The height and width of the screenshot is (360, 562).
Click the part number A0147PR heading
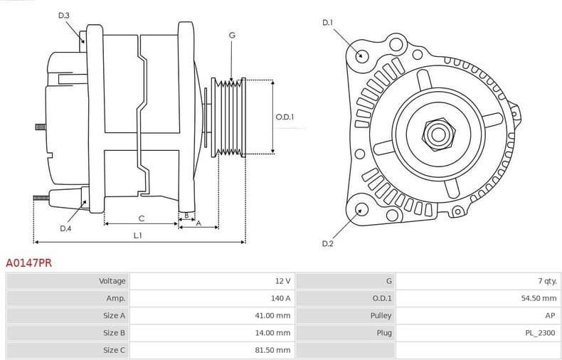pyautogui.click(x=28, y=263)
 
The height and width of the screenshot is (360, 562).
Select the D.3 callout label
pyautogui.click(x=64, y=15)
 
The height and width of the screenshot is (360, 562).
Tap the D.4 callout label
pyautogui.click(x=65, y=228)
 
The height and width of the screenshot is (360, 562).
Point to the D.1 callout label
pyautogui.click(x=327, y=23)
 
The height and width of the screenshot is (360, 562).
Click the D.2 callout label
pyautogui.click(x=327, y=244)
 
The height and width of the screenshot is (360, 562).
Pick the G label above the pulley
pyautogui.click(x=232, y=35)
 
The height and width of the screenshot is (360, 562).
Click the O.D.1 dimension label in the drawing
pyautogui.click(x=285, y=117)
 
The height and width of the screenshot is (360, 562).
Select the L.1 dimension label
pyautogui.click(x=138, y=235)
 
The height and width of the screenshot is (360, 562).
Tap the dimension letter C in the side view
pyautogui.click(x=142, y=218)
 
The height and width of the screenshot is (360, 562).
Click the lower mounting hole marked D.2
pyautogui.click(x=361, y=208)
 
